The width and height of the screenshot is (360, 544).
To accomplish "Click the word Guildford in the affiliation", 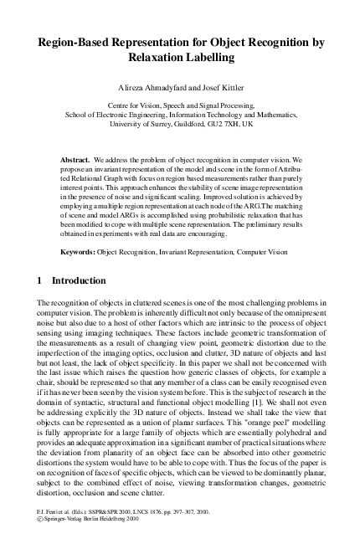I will [171, 123].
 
